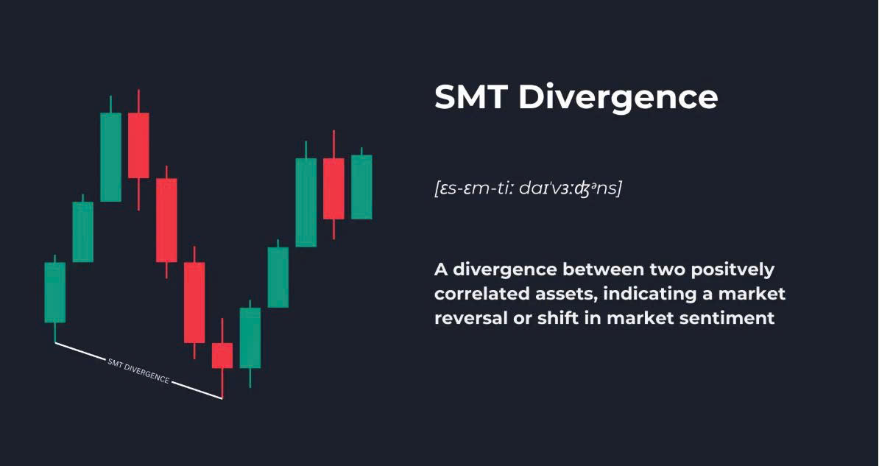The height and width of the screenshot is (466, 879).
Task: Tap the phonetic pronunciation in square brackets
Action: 528,188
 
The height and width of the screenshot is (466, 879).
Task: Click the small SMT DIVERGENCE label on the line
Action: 138,371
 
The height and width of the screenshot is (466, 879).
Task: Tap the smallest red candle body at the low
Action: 222,356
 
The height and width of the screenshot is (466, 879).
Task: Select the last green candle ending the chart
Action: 361,187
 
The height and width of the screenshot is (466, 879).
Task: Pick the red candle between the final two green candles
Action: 333,188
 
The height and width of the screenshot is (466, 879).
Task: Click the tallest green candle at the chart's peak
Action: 110,157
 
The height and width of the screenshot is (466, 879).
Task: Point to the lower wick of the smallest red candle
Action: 222,384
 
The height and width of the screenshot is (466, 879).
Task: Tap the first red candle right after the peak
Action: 138,145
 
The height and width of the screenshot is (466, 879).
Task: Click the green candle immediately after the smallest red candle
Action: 250,338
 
